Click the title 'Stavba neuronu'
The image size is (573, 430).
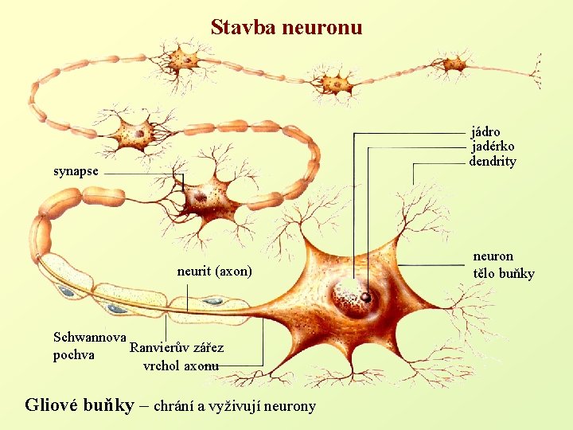286,28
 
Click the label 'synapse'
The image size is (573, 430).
76,171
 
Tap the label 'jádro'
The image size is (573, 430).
485,131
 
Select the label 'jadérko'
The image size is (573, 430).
493,147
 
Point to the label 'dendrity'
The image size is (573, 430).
493,162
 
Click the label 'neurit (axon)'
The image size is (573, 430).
214,272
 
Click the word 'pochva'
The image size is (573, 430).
74,354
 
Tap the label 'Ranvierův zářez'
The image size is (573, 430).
177,348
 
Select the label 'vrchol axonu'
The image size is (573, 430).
181,366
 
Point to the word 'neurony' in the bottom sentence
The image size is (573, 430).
287,407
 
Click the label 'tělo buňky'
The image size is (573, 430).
504,274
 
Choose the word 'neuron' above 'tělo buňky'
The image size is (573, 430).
493,256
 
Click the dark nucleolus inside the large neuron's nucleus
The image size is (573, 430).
365,297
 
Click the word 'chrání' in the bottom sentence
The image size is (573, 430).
173,406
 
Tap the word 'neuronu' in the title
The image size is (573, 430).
322,28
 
